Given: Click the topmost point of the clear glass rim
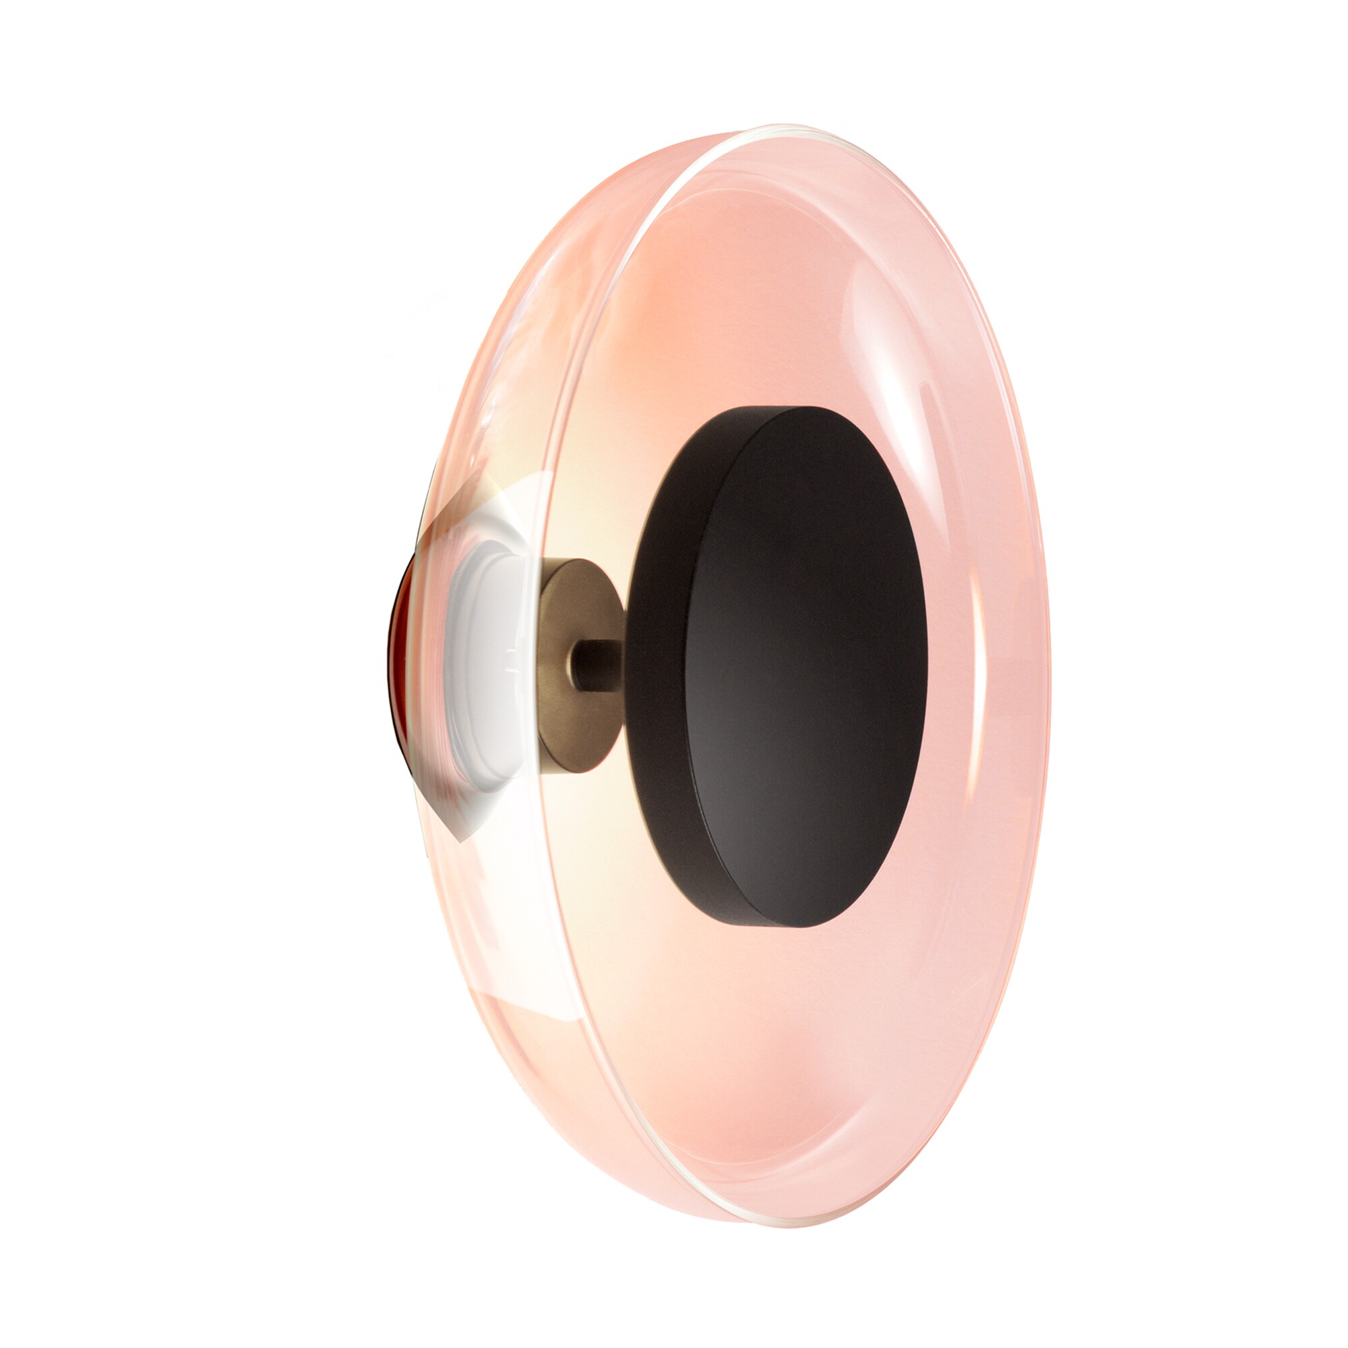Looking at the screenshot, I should [x=781, y=127].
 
